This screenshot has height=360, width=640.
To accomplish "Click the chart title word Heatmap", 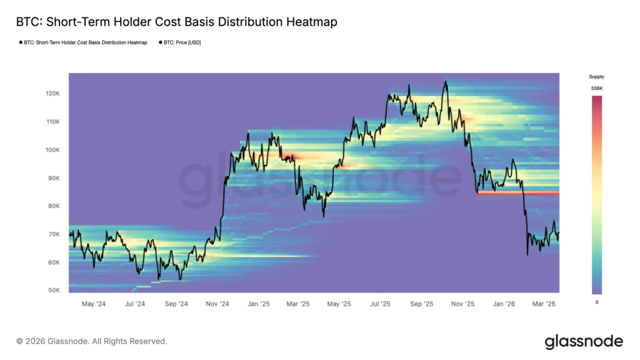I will tap(310, 22).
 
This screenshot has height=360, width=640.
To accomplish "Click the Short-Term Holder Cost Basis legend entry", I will tap(84, 42).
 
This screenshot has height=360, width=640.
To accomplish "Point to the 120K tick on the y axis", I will tap(52, 94).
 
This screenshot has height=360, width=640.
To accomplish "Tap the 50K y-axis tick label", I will tap(53, 291).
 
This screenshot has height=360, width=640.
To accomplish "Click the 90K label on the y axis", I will tap(53, 178).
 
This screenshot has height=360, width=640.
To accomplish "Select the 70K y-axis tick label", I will tap(53, 234).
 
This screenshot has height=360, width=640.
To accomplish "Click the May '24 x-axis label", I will tap(93, 304).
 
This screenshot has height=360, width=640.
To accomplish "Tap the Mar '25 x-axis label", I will tap(297, 304).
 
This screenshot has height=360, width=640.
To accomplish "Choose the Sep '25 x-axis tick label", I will tap(421, 304).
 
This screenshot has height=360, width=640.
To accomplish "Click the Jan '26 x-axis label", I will tap(504, 304).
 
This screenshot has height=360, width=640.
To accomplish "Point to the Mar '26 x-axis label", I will tap(544, 304).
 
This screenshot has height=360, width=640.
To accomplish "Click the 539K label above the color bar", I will tap(597, 89).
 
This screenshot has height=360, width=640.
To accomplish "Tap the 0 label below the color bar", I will tap(597, 302).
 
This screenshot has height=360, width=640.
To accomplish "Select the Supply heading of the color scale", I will tap(597, 77).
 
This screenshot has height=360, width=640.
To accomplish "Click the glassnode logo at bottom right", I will tap(584, 341).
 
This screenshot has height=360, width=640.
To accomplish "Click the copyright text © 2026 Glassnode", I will tap(92, 341).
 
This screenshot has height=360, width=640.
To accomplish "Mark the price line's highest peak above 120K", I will tap(446, 81).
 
